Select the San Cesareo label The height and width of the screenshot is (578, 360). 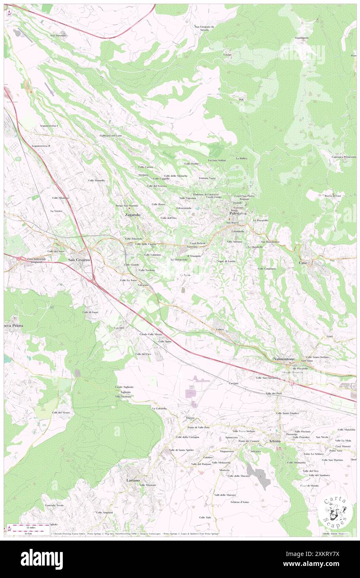[79, 259]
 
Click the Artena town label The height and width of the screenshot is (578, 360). [274, 440]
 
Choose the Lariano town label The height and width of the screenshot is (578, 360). [133, 480]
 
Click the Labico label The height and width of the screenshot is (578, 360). [220, 329]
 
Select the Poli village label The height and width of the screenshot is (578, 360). [241, 100]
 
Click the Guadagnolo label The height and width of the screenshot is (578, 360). [302, 38]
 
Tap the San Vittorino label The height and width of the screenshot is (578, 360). [58, 35]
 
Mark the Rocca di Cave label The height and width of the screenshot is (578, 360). [333, 196]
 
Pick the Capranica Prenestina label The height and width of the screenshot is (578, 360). [344, 157]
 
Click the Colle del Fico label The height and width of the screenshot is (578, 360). [143, 354]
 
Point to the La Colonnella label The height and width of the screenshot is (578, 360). [159, 408]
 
